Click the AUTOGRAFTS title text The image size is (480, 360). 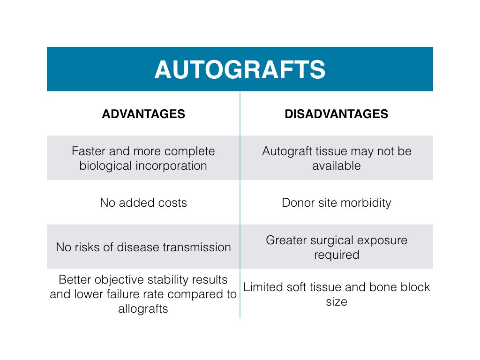[240, 69]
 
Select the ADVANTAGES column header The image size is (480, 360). [143, 114]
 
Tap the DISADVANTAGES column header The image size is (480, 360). [336, 114]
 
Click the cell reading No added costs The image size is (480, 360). [143, 202]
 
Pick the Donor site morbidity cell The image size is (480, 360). [337, 203]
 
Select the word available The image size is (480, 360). [337, 166]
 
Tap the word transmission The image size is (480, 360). [197, 247]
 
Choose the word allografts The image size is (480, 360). [143, 309]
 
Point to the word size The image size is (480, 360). [337, 302]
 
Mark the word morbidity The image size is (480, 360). [366, 203]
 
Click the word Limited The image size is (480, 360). [262, 287]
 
